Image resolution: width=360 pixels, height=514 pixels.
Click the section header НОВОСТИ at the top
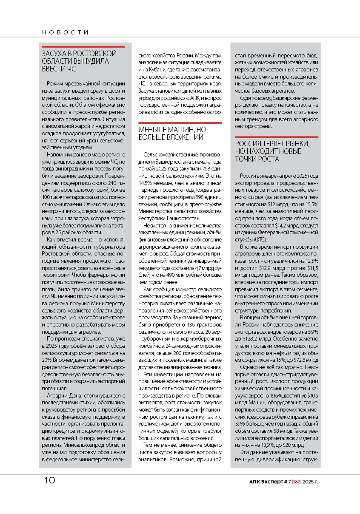coord(65,32)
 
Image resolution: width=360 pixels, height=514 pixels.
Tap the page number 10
coord(49,481)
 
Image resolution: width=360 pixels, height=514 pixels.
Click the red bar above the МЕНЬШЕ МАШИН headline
coord(180,122)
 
